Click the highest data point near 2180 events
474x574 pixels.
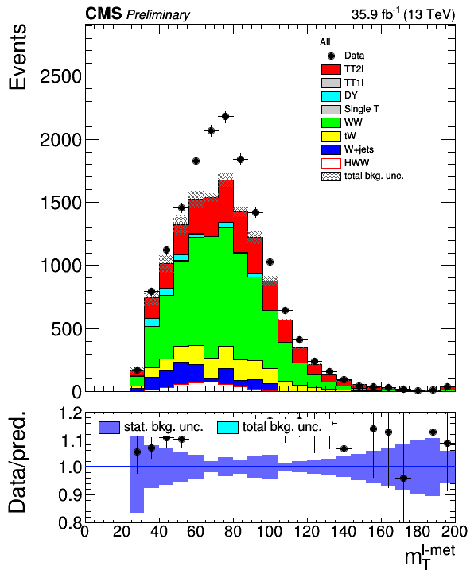226,116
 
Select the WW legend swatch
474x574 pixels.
331,122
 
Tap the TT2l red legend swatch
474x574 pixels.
331,69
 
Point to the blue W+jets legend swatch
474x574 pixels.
331,149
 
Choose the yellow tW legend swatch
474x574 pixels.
331,136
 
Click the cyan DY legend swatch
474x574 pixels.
331,96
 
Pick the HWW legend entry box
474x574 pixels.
331,163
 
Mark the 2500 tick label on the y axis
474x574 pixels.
60,76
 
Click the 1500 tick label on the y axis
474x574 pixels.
60,203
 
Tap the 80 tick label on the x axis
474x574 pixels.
232,531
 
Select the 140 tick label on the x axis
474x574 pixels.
344,531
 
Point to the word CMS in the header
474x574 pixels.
103,14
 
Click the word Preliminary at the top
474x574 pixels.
158,15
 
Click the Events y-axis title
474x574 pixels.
17,56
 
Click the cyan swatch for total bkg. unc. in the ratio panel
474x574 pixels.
227,428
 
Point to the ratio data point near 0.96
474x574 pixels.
403,478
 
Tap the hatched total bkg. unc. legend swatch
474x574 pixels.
331,176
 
